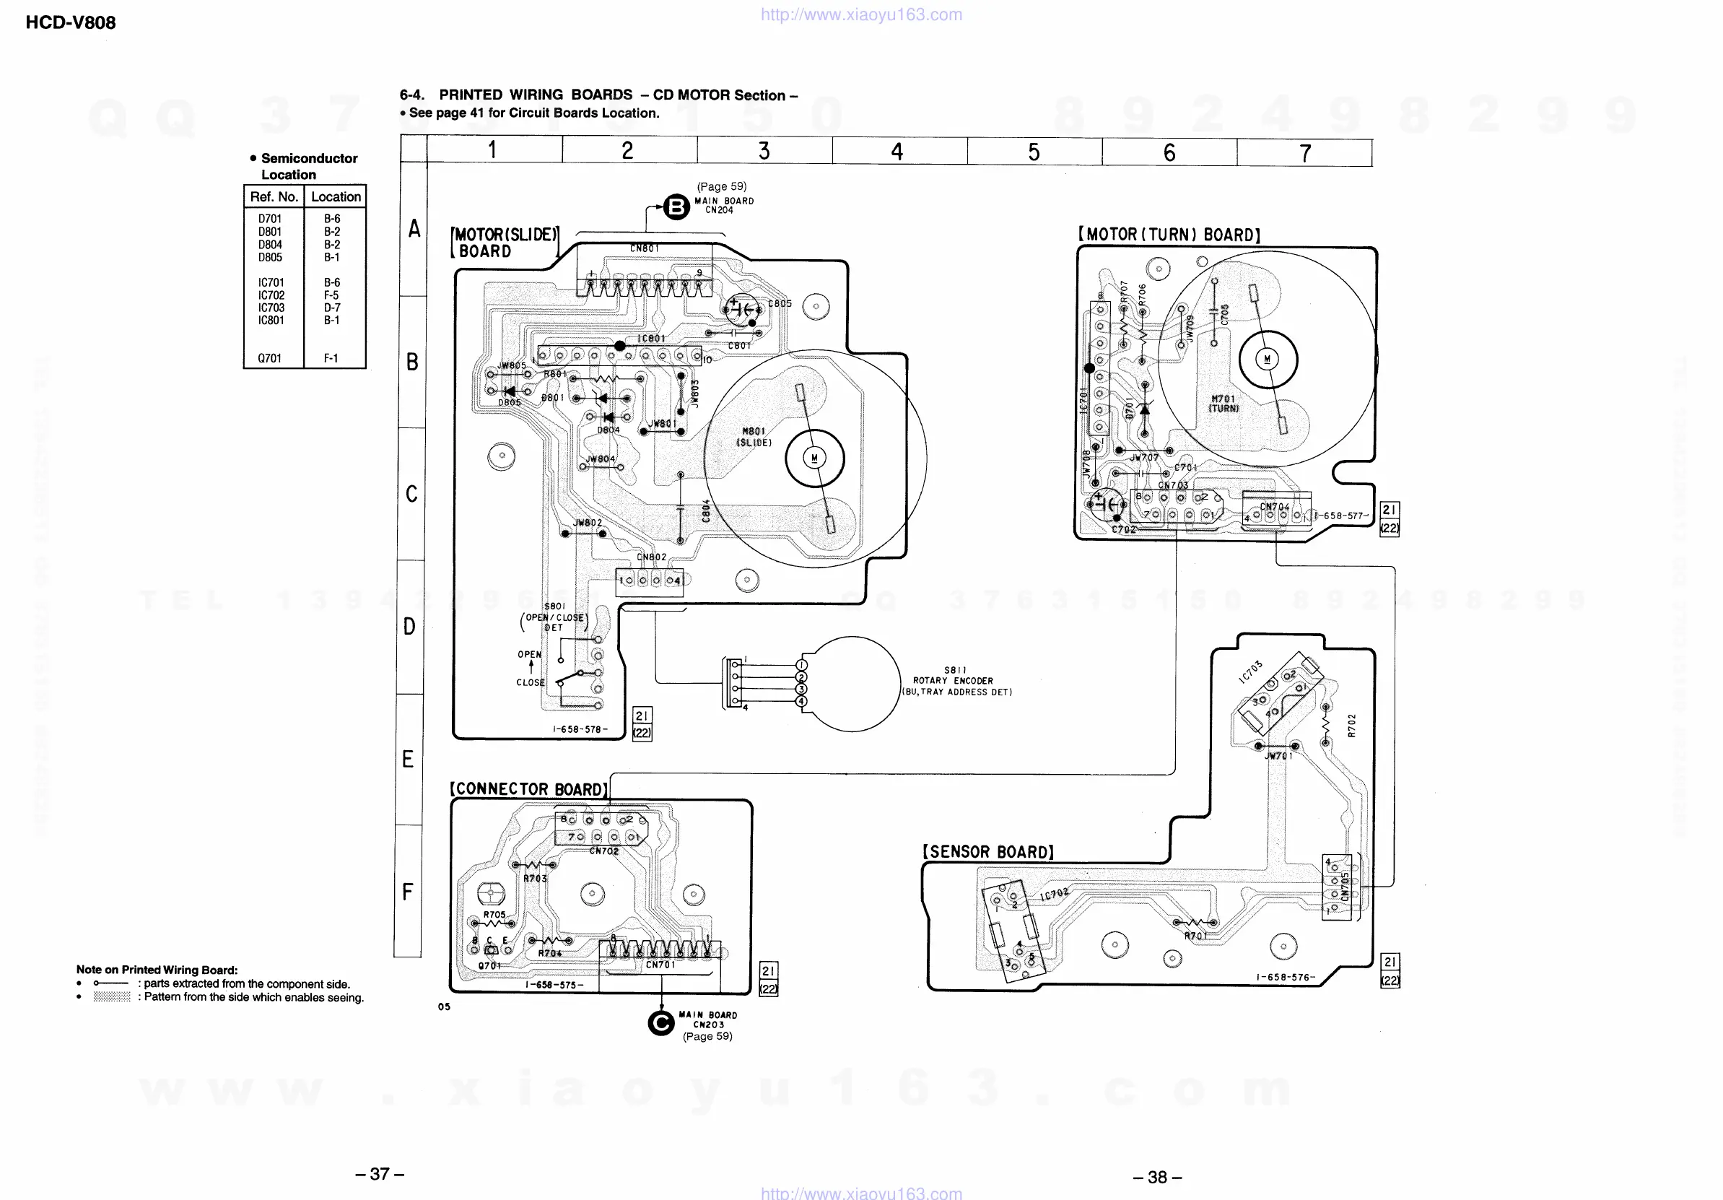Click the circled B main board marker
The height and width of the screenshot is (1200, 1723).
(676, 206)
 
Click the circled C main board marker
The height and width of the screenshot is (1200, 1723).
(660, 1022)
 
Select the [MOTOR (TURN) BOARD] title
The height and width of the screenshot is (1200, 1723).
(1169, 235)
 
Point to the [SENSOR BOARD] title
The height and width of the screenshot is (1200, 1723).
(987, 852)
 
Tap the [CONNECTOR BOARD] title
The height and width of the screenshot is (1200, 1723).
(528, 789)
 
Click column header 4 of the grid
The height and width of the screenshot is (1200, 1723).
(897, 152)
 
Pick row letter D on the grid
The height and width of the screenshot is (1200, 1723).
(410, 626)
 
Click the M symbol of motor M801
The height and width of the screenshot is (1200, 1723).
(814, 458)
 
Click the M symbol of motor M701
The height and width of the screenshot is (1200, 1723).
(1268, 359)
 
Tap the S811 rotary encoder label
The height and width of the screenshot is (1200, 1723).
(954, 670)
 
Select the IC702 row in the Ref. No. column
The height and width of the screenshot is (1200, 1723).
(271, 295)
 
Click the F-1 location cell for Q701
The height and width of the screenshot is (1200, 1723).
(331, 358)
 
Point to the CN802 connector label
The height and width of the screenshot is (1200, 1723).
(651, 557)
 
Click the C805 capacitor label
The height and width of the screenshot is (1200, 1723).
(780, 303)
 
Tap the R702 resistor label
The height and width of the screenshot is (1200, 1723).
(1351, 726)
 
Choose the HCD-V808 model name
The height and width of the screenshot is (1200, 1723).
(71, 22)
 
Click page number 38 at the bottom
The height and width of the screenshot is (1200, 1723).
(1157, 1176)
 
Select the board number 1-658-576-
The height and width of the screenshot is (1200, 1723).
(1286, 977)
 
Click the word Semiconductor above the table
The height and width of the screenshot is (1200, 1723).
(309, 158)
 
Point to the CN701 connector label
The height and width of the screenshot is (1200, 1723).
(660, 965)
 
